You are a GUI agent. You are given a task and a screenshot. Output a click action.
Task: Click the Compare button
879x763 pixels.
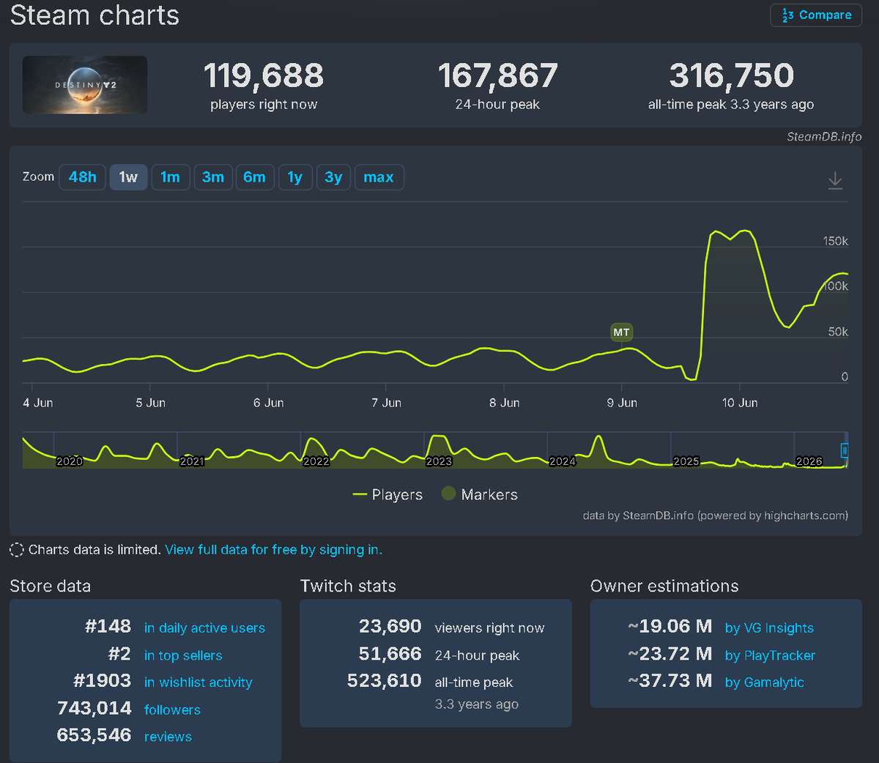point(816,15)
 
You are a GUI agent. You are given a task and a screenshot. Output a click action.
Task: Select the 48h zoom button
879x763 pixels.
point(82,177)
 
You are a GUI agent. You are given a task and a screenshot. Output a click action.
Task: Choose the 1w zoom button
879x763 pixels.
point(128,177)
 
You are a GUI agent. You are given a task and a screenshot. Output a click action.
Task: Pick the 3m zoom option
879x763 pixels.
point(213,177)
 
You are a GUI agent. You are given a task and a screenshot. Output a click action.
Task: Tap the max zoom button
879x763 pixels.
point(379,177)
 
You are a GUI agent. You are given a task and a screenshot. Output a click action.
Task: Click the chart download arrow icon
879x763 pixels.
point(835,180)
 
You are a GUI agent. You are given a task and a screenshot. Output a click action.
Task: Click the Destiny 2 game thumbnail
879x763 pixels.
point(85,85)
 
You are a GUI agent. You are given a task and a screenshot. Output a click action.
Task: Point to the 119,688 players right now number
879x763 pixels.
point(264,75)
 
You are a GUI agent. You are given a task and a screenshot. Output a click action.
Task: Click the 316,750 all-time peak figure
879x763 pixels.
point(731,75)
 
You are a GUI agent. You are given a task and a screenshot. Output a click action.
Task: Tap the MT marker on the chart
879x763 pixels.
point(621,332)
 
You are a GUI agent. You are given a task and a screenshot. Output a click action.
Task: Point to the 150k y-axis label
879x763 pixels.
point(835,241)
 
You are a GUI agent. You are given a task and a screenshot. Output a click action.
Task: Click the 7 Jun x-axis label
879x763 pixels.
point(386,403)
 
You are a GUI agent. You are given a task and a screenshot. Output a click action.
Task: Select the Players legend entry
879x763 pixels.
point(387,495)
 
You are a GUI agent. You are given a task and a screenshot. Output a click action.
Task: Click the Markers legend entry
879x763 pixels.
point(480,494)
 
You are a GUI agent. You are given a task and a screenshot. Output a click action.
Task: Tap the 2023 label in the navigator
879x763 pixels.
point(439,461)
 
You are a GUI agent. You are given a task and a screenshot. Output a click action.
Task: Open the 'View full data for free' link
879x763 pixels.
point(273,550)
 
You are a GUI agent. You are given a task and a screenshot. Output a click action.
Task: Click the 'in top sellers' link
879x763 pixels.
point(183,655)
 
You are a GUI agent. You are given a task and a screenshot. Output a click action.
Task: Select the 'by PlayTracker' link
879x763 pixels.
point(770,655)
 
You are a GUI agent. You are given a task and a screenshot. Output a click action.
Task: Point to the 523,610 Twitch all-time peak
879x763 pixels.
point(384,680)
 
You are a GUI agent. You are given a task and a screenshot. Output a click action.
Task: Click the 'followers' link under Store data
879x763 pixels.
point(172,710)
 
